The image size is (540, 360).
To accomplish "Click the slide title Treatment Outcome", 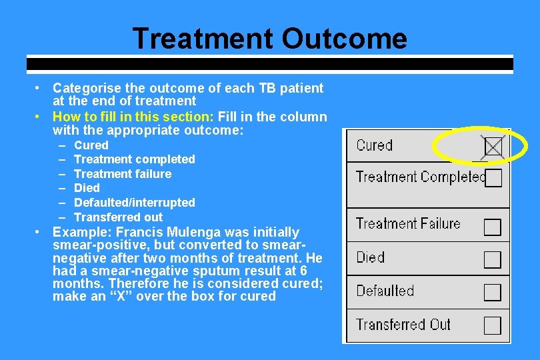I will point(269,38).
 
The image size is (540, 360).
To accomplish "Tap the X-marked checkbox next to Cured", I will point(493,146).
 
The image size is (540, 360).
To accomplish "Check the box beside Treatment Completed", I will point(493,178).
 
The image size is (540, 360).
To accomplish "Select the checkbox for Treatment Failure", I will point(493,227).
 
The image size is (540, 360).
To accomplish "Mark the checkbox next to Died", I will point(493,259).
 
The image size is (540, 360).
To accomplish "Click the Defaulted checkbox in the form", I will point(493,292).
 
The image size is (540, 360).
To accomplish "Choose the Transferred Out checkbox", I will point(493,325).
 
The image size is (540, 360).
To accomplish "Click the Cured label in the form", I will point(374,145).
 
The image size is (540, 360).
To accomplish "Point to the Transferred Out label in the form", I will point(403,325).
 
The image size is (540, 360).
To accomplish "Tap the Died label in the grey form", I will point(370,257).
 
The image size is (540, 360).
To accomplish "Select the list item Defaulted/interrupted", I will point(134,202).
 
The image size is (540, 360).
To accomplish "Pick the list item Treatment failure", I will point(122,173).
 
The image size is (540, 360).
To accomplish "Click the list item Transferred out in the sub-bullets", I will point(118,217).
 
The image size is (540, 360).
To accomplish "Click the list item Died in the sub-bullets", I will point(87,188).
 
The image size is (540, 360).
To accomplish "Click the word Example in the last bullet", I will point(78,232).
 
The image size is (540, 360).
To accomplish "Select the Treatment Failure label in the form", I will point(408,224).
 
